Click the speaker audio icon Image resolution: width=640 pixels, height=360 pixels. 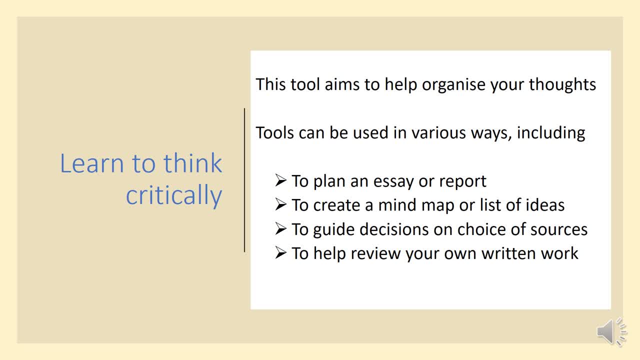pos(611,331)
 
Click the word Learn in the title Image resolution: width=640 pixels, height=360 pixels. pos(91,163)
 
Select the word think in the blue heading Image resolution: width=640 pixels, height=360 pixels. pos(192,163)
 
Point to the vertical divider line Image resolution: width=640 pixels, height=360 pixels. pos(244,180)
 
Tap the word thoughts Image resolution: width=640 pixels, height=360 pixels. pos(562,84)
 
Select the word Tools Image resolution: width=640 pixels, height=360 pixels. pos(275,133)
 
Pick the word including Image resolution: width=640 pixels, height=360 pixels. pos(551,133)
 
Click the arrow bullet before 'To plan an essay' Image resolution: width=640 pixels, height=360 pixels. pos(280,180)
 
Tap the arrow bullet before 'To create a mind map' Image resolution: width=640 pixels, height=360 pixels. pos(280,204)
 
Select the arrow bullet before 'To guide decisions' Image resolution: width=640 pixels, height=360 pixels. pos(280,228)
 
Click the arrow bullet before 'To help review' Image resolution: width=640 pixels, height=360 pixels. pos(280,252)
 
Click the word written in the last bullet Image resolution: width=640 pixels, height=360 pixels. pos(507,253)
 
